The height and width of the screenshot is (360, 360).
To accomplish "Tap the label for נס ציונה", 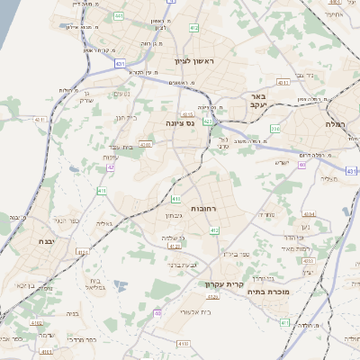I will click(x=180, y=122).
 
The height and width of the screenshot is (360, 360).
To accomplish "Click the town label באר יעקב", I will click(x=259, y=101).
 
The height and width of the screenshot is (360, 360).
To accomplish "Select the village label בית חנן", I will click(x=125, y=118).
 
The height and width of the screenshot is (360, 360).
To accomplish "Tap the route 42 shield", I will click(x=110, y=167).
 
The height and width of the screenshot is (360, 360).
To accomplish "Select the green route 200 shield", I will click(x=274, y=130).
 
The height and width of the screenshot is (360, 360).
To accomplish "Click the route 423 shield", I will click(x=207, y=121).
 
